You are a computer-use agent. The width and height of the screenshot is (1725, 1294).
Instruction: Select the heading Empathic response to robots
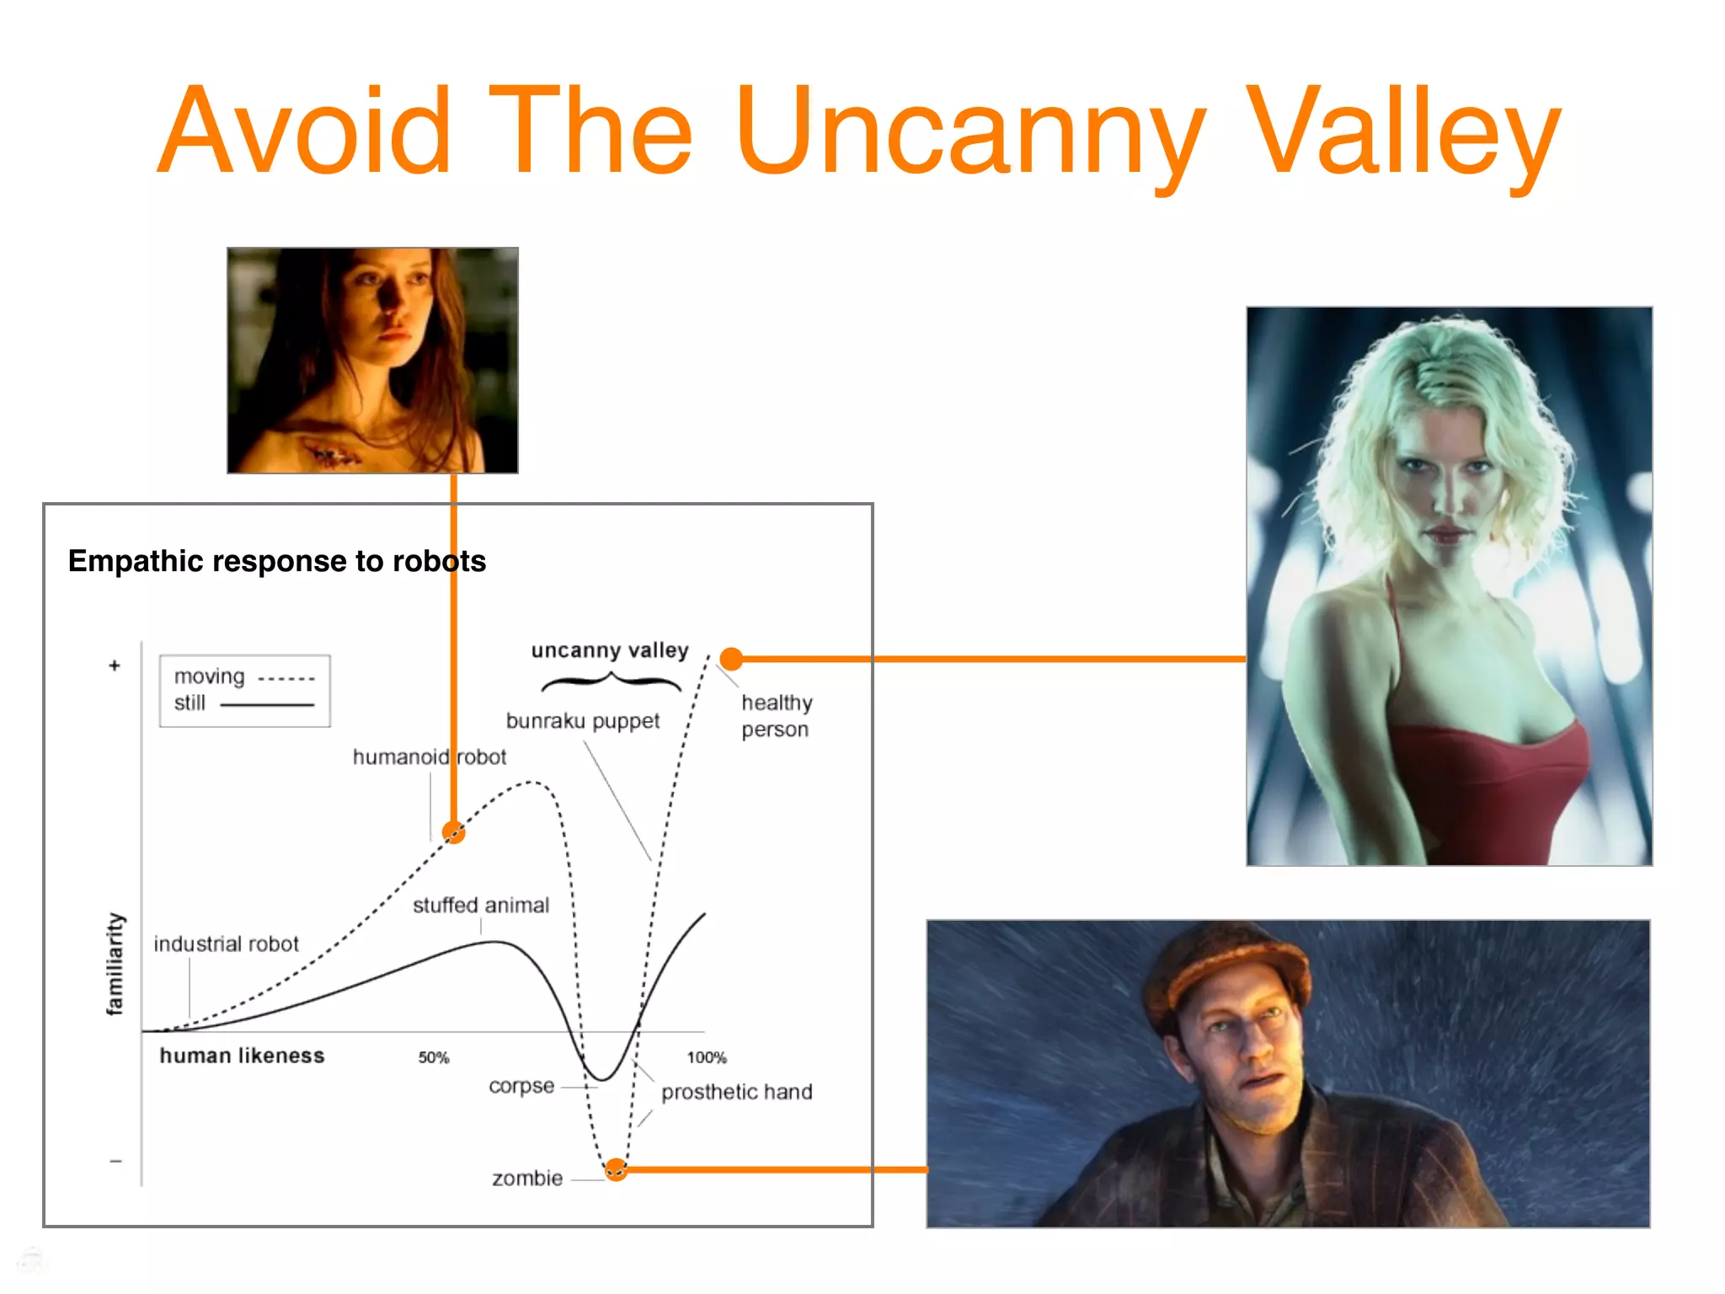[276, 561]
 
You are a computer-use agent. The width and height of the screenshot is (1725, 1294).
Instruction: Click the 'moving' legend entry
[209, 676]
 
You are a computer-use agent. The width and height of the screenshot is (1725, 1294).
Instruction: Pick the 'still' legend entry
[190, 703]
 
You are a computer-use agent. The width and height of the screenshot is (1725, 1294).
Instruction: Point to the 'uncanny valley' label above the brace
[610, 650]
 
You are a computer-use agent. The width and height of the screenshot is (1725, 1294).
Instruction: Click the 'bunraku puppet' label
[583, 721]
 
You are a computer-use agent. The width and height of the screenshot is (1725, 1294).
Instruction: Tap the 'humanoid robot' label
[430, 757]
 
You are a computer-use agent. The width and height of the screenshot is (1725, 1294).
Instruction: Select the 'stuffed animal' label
[481, 905]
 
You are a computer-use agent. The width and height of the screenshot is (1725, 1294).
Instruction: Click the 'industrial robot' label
[226, 944]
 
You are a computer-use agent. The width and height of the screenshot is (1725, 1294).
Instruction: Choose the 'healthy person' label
[776, 715]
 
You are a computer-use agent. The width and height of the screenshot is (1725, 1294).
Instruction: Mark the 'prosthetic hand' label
[736, 1092]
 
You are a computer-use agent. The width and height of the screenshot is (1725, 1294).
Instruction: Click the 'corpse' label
[521, 1086]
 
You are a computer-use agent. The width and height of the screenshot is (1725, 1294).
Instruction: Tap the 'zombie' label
[527, 1178]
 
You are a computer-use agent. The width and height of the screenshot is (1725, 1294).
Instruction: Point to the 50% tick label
[434, 1057]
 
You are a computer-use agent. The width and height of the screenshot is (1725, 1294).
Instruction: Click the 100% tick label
[707, 1057]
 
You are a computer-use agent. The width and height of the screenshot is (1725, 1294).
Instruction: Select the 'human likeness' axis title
[242, 1056]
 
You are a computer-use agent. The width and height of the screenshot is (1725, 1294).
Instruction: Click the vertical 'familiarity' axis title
[115, 964]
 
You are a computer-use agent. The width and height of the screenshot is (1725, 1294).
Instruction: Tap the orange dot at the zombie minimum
[617, 1169]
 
